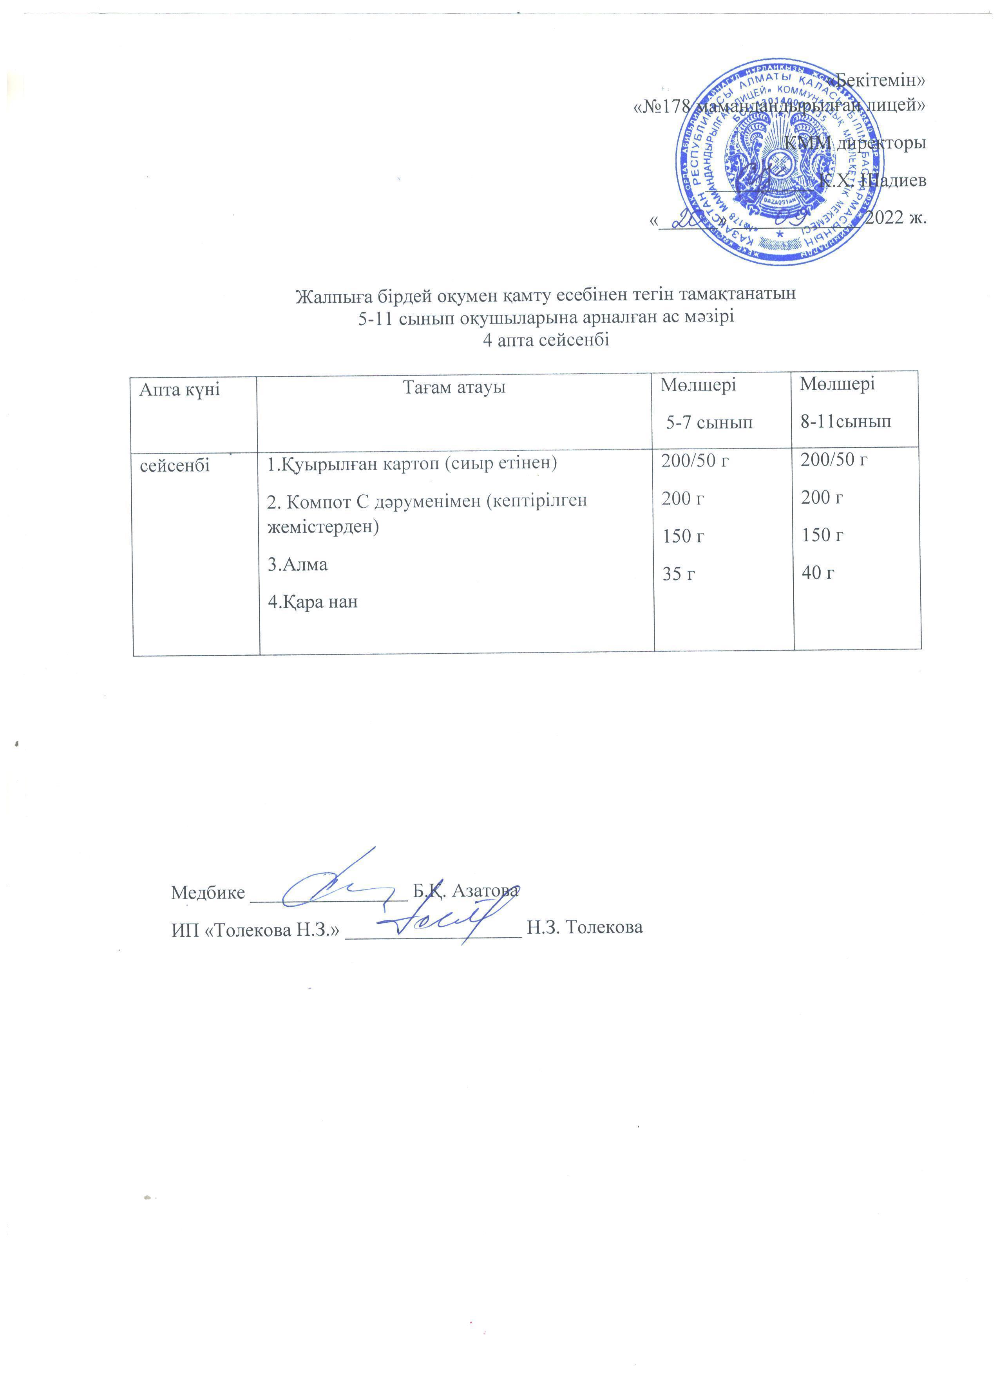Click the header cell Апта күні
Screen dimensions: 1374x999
pos(179,390)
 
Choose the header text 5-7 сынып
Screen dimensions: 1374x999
pos(709,422)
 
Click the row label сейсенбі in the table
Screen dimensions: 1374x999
pos(175,465)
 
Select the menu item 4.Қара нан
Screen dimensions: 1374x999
pos(313,602)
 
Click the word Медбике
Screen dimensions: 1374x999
pos(208,892)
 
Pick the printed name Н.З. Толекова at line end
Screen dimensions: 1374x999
pos(585,927)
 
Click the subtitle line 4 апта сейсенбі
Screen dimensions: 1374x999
pos(545,340)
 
